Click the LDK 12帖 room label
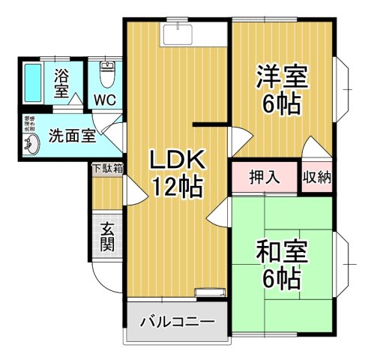click(x=178, y=172)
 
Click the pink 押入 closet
click(x=264, y=178)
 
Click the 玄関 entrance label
click(x=106, y=236)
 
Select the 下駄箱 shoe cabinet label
click(x=107, y=169)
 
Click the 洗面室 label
click(x=72, y=136)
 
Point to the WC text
click(x=105, y=99)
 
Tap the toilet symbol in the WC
click(x=106, y=73)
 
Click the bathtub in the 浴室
click(x=34, y=82)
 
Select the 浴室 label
click(x=61, y=82)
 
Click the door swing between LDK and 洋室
click(x=238, y=139)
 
